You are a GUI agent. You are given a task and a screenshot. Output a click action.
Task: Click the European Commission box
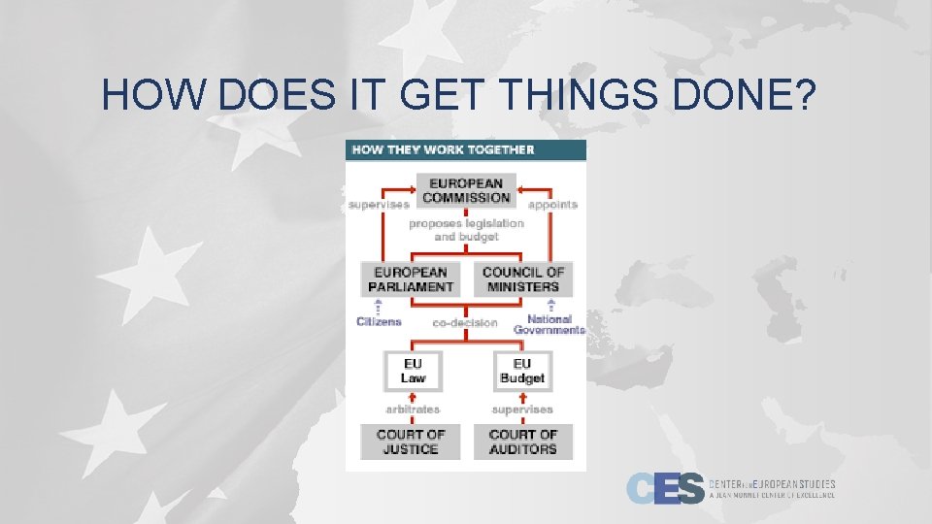(466, 190)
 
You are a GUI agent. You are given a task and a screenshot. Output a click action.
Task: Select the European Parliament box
(411, 279)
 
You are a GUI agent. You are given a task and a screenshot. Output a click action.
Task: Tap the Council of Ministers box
(522, 279)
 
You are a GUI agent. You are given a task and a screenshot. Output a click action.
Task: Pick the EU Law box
(413, 371)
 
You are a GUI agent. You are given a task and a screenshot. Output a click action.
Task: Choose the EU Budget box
(521, 371)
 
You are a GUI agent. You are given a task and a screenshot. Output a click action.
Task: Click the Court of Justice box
(411, 442)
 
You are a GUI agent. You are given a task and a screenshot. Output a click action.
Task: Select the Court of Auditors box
(522, 442)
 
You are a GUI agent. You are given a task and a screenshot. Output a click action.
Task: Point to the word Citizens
(379, 321)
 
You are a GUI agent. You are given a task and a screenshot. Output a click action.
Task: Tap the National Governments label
(549, 324)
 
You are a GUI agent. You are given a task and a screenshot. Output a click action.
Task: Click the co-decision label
(465, 323)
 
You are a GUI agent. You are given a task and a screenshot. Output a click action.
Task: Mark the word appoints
(552, 205)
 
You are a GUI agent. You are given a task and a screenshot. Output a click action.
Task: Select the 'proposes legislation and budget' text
(466, 230)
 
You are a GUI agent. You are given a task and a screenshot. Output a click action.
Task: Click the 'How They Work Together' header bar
(466, 149)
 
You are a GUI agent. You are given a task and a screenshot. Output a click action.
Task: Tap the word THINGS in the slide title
(554, 95)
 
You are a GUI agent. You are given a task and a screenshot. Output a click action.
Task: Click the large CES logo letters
(665, 488)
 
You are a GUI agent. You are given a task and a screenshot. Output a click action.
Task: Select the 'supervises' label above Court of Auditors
(522, 409)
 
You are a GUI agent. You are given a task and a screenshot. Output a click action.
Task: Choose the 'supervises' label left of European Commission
(379, 205)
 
